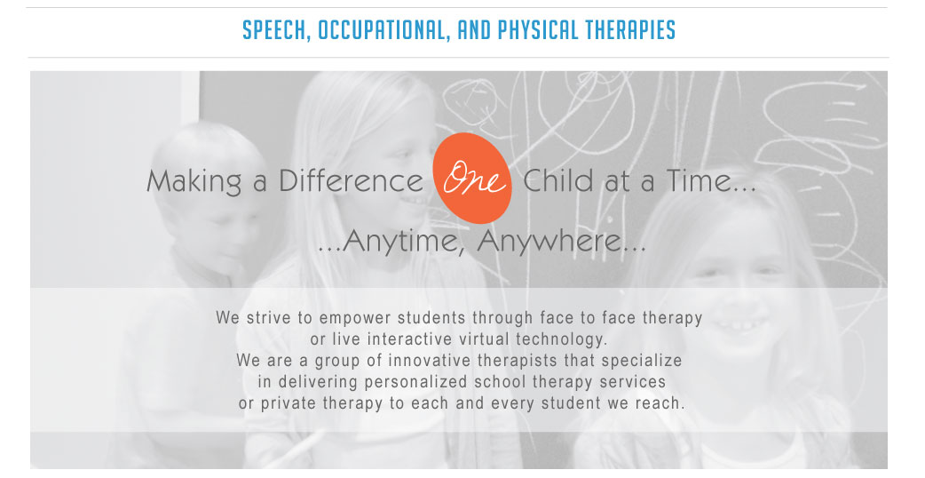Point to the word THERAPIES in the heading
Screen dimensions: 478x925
point(629,30)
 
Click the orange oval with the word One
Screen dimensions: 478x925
point(472,178)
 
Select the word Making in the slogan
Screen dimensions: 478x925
point(194,181)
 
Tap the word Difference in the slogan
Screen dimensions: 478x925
point(351,180)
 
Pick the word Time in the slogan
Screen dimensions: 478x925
point(700,180)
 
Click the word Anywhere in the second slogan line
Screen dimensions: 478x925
point(561,241)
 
